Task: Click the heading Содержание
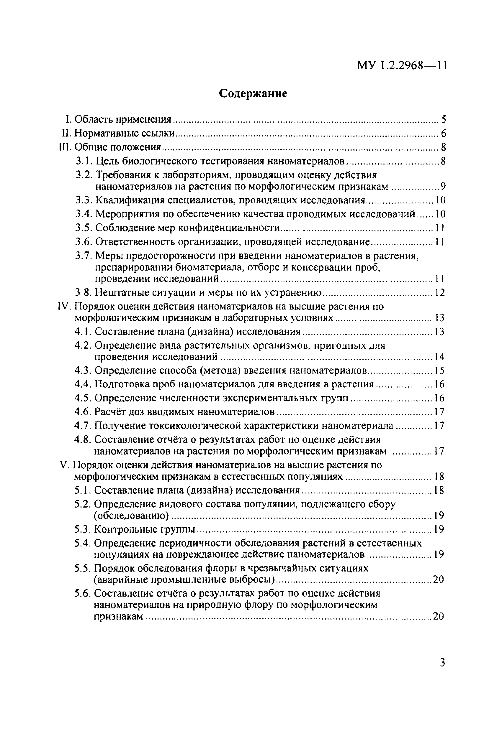[x=253, y=93]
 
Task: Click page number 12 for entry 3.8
[x=440, y=293]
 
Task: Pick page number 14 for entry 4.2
[x=439, y=357]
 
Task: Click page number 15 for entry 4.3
[x=439, y=371]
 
